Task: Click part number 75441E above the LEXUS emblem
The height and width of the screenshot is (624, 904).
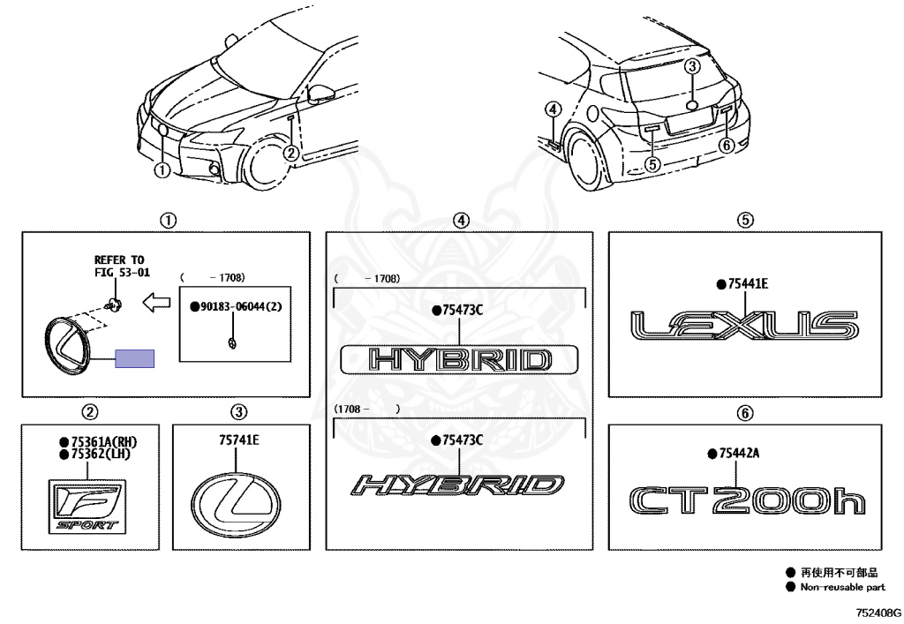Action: [748, 283]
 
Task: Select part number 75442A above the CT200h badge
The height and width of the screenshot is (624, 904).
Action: [737, 453]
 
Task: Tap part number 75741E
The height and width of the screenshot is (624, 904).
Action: [239, 440]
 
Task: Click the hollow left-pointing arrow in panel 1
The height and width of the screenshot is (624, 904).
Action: [156, 304]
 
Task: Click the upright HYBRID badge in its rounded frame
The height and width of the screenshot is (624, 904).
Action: [460, 360]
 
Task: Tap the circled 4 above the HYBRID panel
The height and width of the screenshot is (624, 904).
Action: [460, 221]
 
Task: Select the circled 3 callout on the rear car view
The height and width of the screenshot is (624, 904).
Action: [693, 66]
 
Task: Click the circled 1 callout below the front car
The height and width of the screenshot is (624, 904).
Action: [162, 170]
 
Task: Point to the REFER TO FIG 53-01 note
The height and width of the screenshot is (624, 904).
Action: [118, 266]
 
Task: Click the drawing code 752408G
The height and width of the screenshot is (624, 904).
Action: [878, 611]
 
